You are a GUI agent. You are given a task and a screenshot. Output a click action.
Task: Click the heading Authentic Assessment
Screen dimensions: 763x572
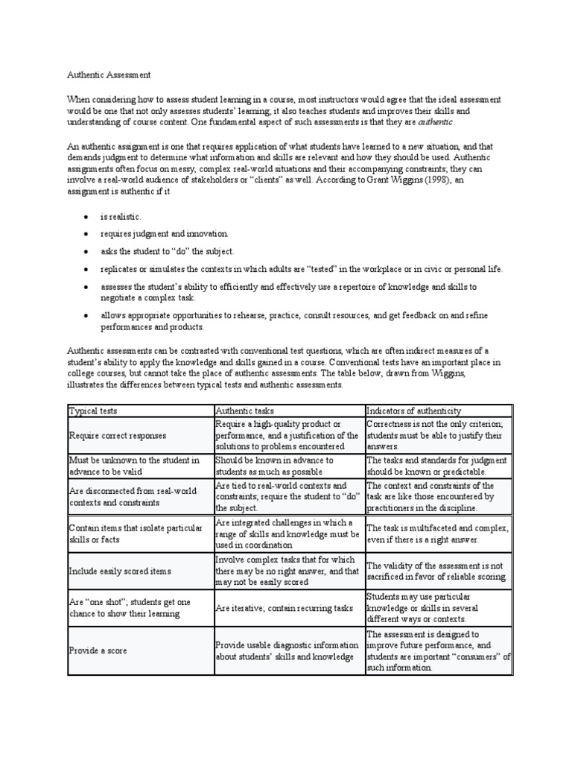(x=109, y=75)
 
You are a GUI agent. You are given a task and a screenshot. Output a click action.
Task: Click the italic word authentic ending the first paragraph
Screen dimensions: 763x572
(x=434, y=122)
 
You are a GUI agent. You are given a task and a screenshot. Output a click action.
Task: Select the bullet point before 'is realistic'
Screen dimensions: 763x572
(x=86, y=216)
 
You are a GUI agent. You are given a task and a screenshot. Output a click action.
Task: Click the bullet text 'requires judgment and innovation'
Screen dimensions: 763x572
(x=165, y=234)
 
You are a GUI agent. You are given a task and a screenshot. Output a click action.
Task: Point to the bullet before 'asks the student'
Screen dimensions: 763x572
(x=86, y=252)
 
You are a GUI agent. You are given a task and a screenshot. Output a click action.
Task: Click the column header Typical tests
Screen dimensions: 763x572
(x=92, y=411)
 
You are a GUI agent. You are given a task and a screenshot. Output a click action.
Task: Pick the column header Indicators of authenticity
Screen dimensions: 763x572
(x=413, y=411)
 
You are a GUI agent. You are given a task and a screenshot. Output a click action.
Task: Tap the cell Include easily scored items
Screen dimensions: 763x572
(x=119, y=572)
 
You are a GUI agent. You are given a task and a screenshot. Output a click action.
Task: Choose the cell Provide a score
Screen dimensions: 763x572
(x=98, y=650)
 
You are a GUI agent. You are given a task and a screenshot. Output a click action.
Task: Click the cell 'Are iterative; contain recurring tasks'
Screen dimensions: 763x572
(x=284, y=608)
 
